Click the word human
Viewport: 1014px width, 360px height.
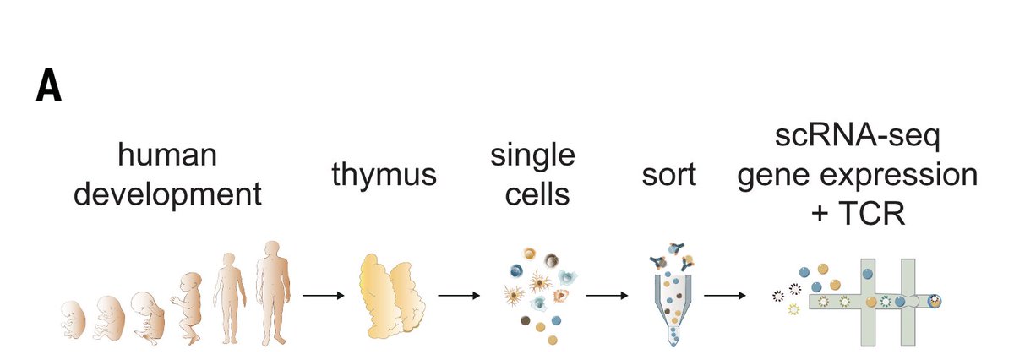(168, 156)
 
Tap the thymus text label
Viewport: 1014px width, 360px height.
(384, 176)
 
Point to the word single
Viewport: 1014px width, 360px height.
(533, 156)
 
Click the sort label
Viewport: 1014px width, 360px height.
(668, 176)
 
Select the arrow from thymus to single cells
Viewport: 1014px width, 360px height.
(459, 296)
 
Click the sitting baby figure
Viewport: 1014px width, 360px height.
(188, 308)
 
